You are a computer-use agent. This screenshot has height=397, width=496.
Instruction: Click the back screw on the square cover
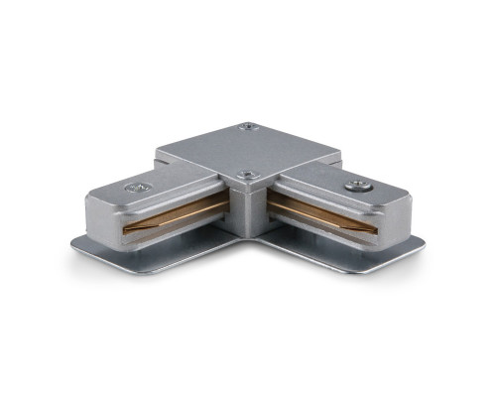tap(246, 126)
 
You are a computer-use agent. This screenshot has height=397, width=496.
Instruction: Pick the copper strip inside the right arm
tap(317, 217)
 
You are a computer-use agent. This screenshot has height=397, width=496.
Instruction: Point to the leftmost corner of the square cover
tap(156, 154)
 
